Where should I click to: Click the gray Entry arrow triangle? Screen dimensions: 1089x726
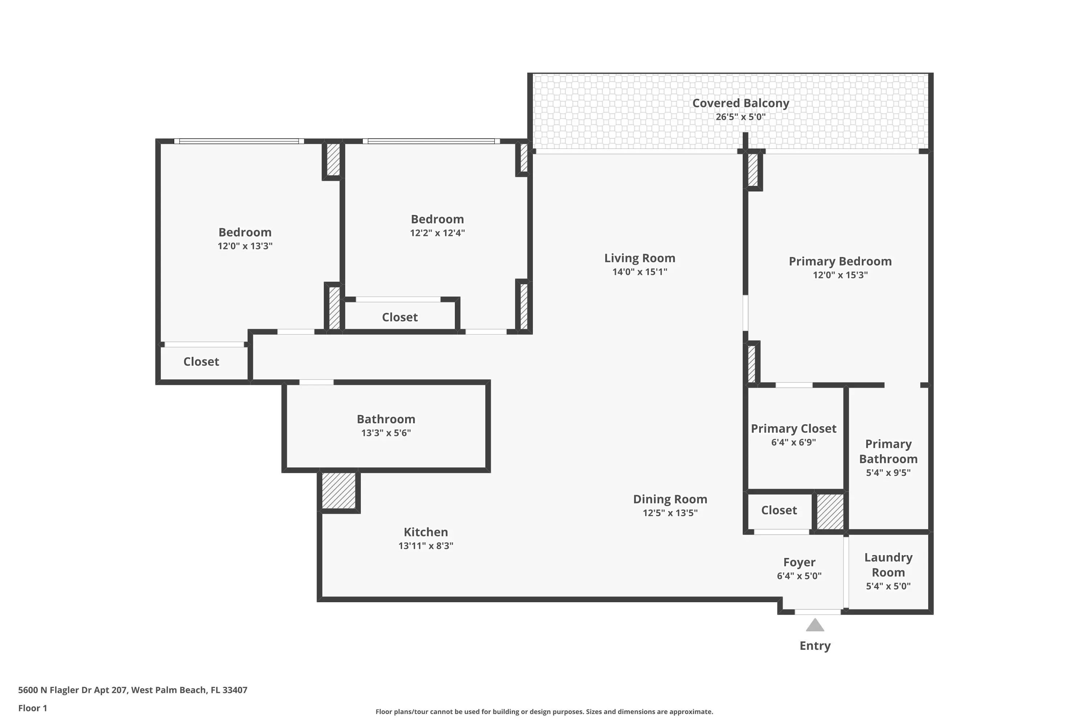click(815, 625)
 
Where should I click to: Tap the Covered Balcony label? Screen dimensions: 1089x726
click(741, 103)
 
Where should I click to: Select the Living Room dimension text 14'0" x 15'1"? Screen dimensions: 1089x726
click(640, 272)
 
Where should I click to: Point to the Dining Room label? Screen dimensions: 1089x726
click(670, 499)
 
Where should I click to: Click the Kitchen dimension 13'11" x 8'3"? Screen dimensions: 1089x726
click(425, 546)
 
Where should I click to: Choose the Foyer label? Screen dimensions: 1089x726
click(799, 562)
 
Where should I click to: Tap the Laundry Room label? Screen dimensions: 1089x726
click(888, 565)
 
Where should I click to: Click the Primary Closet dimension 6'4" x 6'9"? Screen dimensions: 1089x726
click(794, 442)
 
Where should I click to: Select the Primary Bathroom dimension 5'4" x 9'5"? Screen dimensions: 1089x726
click(888, 473)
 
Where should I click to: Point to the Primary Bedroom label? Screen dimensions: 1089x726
click(840, 261)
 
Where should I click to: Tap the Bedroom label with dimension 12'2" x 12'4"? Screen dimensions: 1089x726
click(437, 219)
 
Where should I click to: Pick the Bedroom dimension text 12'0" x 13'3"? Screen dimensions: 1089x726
click(245, 246)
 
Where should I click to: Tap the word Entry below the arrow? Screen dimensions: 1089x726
click(815, 646)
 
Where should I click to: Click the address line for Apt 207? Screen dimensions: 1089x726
click(132, 690)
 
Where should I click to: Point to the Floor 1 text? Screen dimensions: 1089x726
click(32, 708)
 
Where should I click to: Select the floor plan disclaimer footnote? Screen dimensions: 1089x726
click(544, 711)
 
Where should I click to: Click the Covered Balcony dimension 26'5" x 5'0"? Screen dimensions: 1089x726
click(741, 117)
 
